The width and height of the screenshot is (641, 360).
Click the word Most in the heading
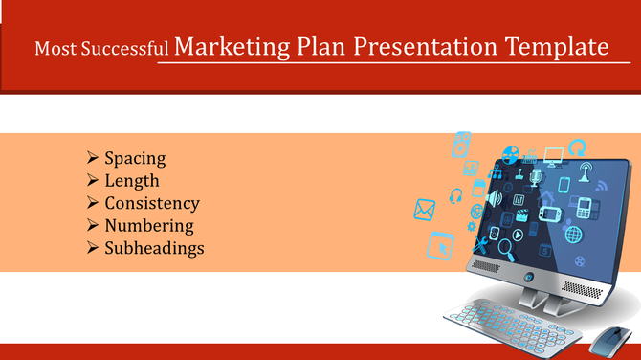pyautogui.click(x=54, y=48)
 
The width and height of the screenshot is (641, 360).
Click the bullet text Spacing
pyautogui.click(x=135, y=158)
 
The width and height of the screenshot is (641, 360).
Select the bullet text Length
pyautogui.click(x=132, y=180)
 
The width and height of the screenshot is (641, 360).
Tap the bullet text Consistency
pyautogui.click(x=152, y=203)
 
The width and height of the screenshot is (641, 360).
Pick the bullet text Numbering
pyautogui.click(x=149, y=226)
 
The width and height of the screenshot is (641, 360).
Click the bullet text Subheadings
pyautogui.click(x=154, y=248)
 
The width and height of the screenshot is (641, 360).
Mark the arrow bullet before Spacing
pyautogui.click(x=92, y=157)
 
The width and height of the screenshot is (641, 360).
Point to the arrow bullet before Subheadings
pyautogui.click(x=92, y=248)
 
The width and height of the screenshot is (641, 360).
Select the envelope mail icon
pyautogui.click(x=425, y=208)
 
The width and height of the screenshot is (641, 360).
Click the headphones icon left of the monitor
pyautogui.click(x=455, y=195)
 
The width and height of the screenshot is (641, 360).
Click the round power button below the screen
pyautogui.click(x=529, y=277)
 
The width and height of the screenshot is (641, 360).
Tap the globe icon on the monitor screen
pyautogui.click(x=574, y=234)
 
